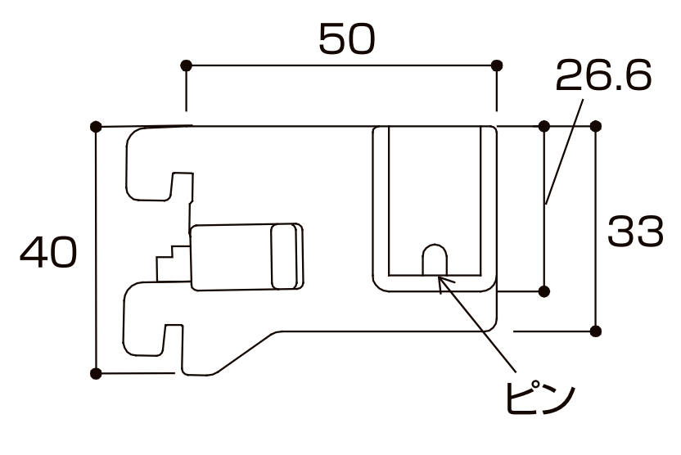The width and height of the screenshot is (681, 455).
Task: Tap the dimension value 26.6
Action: pos(603,77)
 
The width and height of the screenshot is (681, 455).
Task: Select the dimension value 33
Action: pos(634,233)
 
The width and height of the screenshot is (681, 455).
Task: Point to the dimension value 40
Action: pos(48,253)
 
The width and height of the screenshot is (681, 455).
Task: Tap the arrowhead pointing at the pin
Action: pos(442,280)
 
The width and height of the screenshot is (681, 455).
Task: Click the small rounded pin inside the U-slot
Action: pos(435,259)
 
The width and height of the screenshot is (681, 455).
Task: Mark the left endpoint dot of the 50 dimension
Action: pos(186,65)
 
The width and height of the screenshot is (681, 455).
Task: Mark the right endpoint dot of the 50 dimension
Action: pos(495,65)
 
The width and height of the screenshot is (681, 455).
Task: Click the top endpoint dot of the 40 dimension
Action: pos(96,126)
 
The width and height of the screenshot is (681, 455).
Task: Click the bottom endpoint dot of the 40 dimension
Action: pos(96,374)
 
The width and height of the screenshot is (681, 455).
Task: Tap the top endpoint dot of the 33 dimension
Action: pos(595,126)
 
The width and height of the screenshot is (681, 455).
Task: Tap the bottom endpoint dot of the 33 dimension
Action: pos(595,331)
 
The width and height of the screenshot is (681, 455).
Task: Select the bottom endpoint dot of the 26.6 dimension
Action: pos(544,291)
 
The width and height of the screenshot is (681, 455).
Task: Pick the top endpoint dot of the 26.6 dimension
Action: pos(544,126)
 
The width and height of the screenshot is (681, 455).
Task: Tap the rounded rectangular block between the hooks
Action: pos(246,255)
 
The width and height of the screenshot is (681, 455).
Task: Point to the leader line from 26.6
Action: pos(565,147)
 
